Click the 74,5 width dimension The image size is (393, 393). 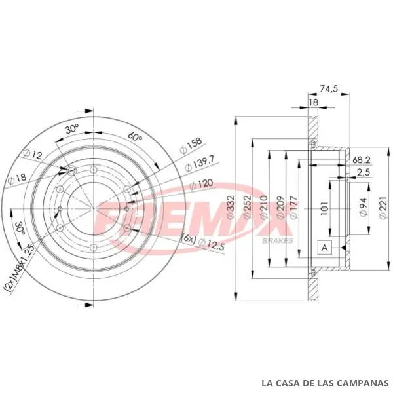[x=329, y=88]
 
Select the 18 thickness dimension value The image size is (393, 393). [x=313, y=102]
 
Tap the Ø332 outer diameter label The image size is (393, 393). [x=231, y=208]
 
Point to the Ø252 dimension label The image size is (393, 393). [x=248, y=208]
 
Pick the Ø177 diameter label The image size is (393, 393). [x=293, y=207]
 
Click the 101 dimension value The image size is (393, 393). [x=324, y=208]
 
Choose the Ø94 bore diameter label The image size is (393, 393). [x=364, y=207]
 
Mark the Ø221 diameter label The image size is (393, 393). [x=383, y=208]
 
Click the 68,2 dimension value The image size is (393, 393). [x=362, y=160]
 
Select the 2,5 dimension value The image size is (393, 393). [x=364, y=172]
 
